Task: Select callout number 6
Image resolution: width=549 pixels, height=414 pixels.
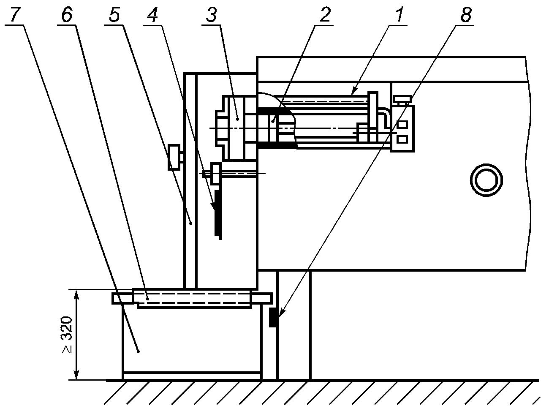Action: (67, 14)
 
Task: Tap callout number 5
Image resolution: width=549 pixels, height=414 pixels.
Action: (114, 14)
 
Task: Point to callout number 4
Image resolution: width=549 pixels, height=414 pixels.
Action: (152, 14)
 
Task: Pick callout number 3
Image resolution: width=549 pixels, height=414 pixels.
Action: (212, 14)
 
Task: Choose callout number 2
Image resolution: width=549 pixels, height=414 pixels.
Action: (325, 14)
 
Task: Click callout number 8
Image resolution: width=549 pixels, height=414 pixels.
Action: (466, 14)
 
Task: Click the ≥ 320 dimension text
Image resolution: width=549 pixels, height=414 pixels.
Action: (67, 335)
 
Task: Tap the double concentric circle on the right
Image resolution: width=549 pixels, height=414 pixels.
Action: (486, 180)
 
